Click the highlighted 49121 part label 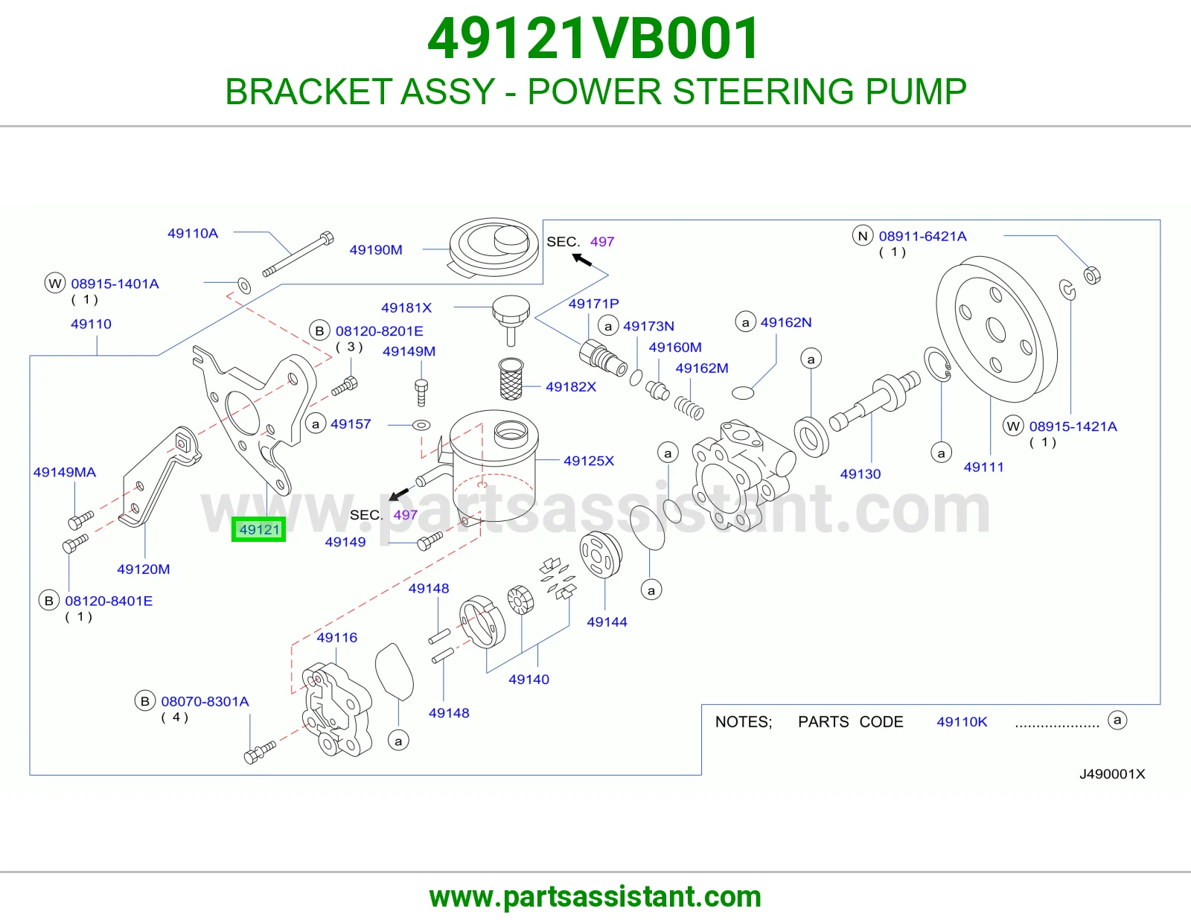pyautogui.click(x=259, y=529)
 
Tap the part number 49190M pyautogui.click(x=376, y=250)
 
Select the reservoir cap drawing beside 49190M pyautogui.click(x=494, y=247)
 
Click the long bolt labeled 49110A pyautogui.click(x=298, y=255)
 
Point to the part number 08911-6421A pyautogui.click(x=923, y=236)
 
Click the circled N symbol pyautogui.click(x=863, y=236)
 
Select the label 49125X pyautogui.click(x=590, y=461)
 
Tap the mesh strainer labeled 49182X pyautogui.click(x=511, y=379)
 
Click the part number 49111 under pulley pyautogui.click(x=984, y=467)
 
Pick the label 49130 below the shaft pyautogui.click(x=860, y=474)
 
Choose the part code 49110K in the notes pyautogui.click(x=962, y=722)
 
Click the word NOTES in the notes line pyautogui.click(x=744, y=722)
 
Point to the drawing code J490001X pyautogui.click(x=1112, y=774)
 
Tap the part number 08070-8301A pyautogui.click(x=205, y=702)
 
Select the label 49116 pyautogui.click(x=337, y=637)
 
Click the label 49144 pyautogui.click(x=607, y=622)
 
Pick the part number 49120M pyautogui.click(x=144, y=569)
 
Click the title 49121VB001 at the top pyautogui.click(x=594, y=39)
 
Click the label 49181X pyautogui.click(x=406, y=308)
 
